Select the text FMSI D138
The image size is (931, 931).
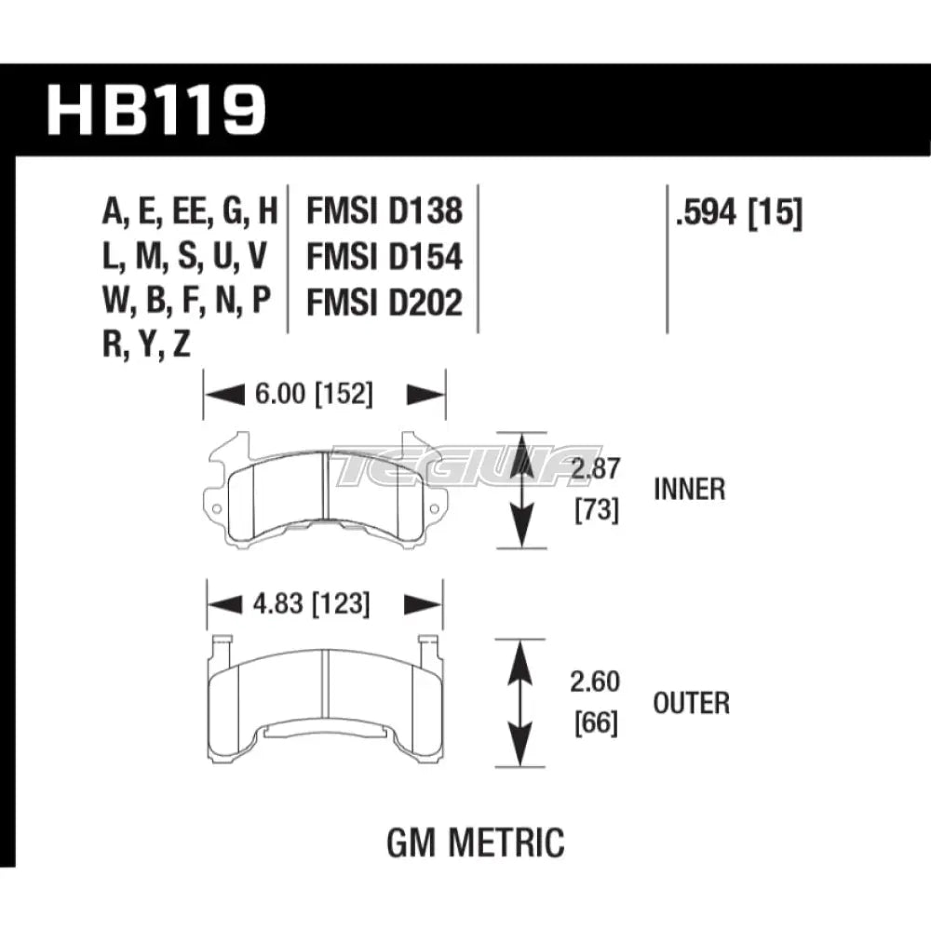pyautogui.click(x=385, y=211)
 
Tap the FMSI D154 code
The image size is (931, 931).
pyautogui.click(x=385, y=257)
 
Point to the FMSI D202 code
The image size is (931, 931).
pyautogui.click(x=385, y=303)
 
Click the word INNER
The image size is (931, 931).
pyautogui.click(x=689, y=489)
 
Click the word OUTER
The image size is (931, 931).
pyautogui.click(x=692, y=702)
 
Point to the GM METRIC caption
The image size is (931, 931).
pyautogui.click(x=475, y=843)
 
